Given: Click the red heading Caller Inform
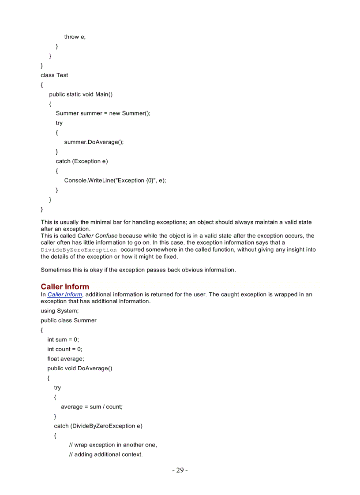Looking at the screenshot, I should pyautogui.click(x=65, y=287).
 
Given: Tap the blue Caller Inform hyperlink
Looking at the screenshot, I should pyautogui.click(x=65, y=294).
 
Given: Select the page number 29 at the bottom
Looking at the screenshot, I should pyautogui.click(x=180, y=470).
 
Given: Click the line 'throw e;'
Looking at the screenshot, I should pyautogui.click(x=75, y=37).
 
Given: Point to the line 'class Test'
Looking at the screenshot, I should pyautogui.click(x=54, y=75).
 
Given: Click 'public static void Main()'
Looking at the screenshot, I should pyautogui.click(x=81, y=94).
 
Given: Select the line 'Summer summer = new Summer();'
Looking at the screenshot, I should pyautogui.click(x=103, y=113).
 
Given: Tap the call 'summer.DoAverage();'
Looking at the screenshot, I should pyautogui.click(x=94, y=142).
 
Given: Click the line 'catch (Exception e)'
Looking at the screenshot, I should pyautogui.click(x=82, y=161).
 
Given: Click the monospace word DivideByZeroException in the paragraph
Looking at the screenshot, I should pyautogui.click(x=79, y=250).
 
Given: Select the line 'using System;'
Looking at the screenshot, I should pyautogui.click(x=60, y=311).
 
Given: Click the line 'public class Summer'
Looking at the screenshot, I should pyautogui.click(x=68, y=320).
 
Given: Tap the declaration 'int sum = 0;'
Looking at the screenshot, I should pyautogui.click(x=63, y=339).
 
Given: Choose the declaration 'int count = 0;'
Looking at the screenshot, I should pyautogui.click(x=65, y=349).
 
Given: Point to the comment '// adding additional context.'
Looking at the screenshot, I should pyautogui.click(x=106, y=454).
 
